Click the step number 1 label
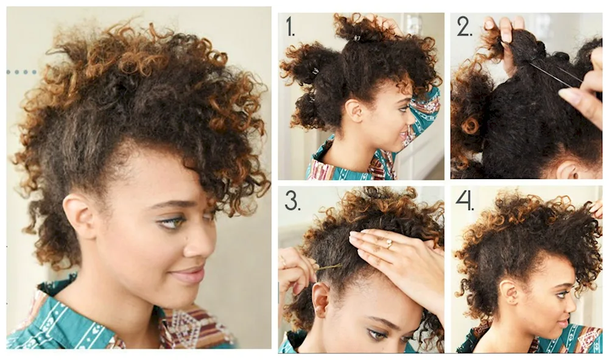click(x=290, y=26)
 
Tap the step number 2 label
click(x=465, y=26)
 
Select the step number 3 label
click(x=292, y=201)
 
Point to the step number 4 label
click(x=465, y=201)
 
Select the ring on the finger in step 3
click(x=389, y=244)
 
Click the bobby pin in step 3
click(x=329, y=267)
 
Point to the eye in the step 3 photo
click(x=373, y=334)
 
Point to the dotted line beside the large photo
click(x=22, y=72)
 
